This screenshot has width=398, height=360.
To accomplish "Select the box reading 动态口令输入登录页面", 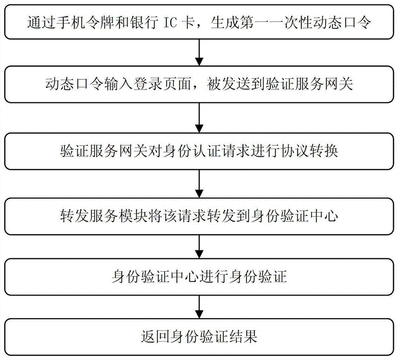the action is coord(199,85).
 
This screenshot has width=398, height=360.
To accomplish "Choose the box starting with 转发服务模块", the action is coord(199,217).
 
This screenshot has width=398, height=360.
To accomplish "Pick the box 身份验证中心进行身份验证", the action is coord(199,277).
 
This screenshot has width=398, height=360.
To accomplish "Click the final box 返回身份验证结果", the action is coord(199,337).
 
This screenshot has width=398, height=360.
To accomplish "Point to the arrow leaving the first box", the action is coord(199,53).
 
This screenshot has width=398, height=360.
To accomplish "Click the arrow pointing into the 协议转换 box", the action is coord(199,119).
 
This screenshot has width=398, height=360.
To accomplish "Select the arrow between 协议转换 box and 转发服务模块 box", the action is coord(199,185).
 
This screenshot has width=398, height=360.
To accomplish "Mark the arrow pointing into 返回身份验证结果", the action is coord(199,307).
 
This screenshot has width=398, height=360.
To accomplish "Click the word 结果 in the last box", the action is coord(245,337).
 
